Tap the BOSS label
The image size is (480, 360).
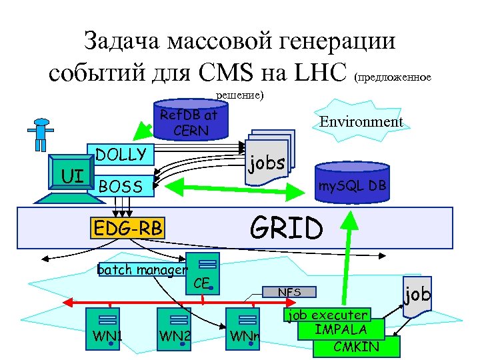[120, 187]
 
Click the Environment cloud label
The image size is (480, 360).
[361, 122]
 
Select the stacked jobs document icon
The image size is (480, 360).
[267, 160]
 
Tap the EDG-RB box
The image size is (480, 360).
[127, 229]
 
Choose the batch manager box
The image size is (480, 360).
[141, 270]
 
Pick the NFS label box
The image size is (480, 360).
[289, 291]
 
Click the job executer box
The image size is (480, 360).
[326, 315]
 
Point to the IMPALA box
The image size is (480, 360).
[341, 329]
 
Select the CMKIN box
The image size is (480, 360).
[356, 347]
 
